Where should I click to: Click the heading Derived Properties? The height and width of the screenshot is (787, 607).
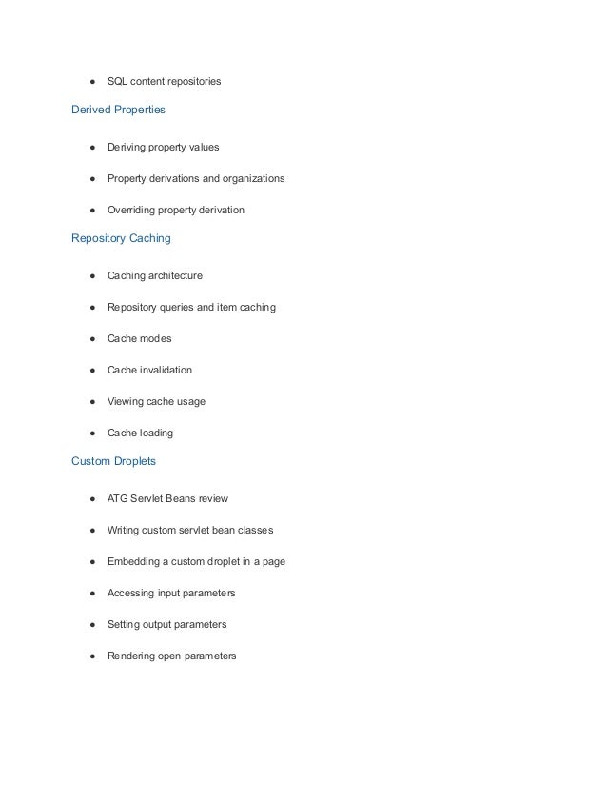[x=118, y=110]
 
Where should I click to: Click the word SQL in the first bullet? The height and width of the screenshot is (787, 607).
[x=118, y=82]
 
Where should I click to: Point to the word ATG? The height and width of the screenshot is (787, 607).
[x=118, y=498]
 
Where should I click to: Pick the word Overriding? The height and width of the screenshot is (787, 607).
[x=133, y=210]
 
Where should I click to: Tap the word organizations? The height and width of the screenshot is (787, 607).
[x=251, y=178]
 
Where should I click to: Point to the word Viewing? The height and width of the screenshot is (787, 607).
[x=127, y=401]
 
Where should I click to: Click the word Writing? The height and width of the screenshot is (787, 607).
[x=125, y=530]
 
